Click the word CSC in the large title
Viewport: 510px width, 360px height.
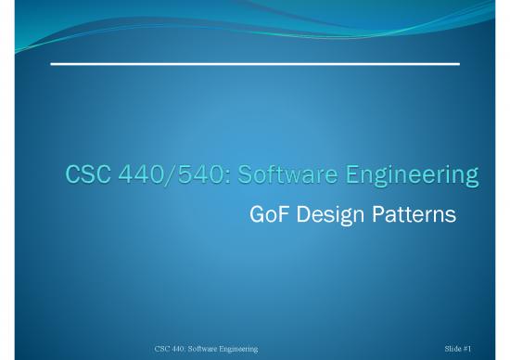click(x=85, y=175)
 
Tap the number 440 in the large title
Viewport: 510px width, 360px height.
click(x=140, y=175)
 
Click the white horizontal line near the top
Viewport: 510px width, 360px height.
click(x=254, y=63)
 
